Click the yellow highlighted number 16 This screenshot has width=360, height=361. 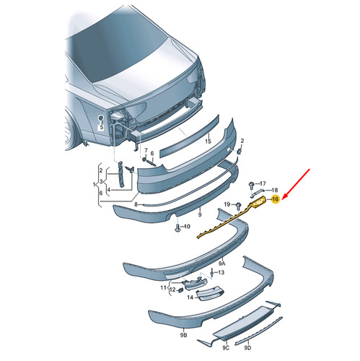[x=276, y=199]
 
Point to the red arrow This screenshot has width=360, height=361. [x=297, y=184]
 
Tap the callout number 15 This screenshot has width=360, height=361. [x=208, y=142]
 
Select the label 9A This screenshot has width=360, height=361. [x=221, y=264]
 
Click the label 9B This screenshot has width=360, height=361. [x=183, y=335]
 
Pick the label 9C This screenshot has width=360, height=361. [x=226, y=348]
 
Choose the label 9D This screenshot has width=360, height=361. [x=247, y=348]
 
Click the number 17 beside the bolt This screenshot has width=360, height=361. [x=263, y=183]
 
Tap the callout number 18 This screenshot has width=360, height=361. [x=274, y=190]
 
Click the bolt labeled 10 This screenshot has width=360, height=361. [x=177, y=227]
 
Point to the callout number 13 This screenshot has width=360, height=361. [x=221, y=272]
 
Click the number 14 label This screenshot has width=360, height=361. [x=190, y=297]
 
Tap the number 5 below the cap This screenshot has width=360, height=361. [x=102, y=127]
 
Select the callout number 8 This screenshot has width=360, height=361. [x=136, y=204]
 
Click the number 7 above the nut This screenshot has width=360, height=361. [x=146, y=150]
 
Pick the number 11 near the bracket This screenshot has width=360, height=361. [x=164, y=287]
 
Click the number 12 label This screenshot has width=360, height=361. [x=172, y=290]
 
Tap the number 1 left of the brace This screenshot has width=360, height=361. [x=94, y=185]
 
